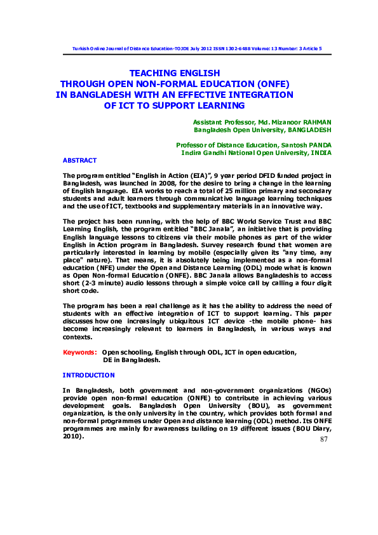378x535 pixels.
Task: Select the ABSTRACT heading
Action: pos(80,161)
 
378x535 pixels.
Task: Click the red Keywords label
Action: pos(80,351)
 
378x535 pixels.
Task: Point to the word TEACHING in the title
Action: pos(155,73)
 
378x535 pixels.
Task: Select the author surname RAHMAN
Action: pos(314,121)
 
